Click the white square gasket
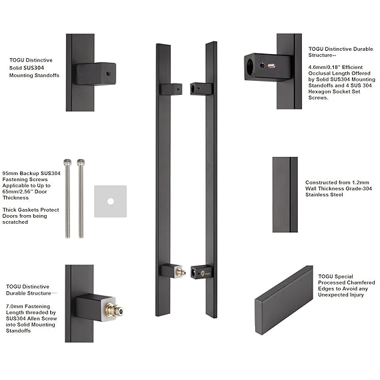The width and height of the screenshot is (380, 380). (110, 201)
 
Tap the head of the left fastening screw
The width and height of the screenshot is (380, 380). (67, 162)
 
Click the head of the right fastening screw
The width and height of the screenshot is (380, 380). (81, 162)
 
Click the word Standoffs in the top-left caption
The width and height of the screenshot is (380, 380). (45, 75)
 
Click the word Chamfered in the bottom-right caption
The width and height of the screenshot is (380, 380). (361, 282)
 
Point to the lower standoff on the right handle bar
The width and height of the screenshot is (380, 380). (200, 272)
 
